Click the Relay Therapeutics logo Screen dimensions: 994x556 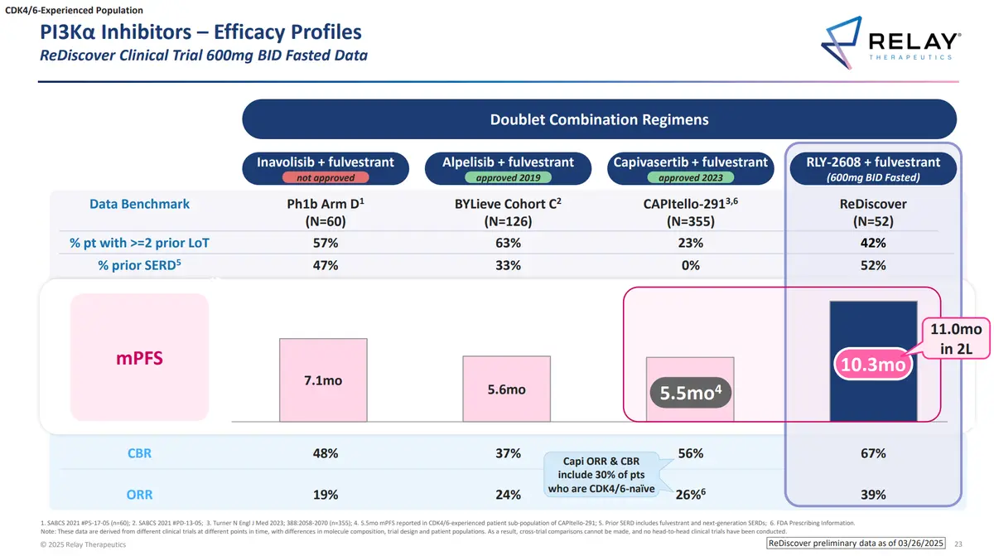click(890, 42)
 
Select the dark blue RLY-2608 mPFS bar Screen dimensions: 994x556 click(873, 361)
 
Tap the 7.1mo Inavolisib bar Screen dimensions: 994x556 click(323, 380)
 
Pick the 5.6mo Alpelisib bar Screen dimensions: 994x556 click(506, 389)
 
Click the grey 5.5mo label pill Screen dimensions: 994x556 click(690, 393)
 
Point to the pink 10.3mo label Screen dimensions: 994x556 click(873, 365)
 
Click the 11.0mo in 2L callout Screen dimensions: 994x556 click(956, 338)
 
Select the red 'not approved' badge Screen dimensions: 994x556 click(326, 177)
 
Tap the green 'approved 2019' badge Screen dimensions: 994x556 click(508, 177)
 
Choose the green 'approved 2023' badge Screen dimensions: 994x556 click(691, 177)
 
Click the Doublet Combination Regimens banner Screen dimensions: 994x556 click(599, 119)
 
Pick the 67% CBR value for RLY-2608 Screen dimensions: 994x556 click(873, 453)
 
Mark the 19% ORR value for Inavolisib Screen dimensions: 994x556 click(326, 495)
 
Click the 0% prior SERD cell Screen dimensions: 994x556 click(691, 265)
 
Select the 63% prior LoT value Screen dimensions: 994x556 click(508, 243)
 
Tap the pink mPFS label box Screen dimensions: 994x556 click(139, 357)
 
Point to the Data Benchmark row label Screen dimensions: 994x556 click(139, 204)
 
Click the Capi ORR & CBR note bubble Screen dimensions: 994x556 click(601, 474)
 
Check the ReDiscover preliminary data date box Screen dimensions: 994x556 click(856, 543)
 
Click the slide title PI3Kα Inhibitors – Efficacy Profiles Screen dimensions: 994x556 click(200, 32)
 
